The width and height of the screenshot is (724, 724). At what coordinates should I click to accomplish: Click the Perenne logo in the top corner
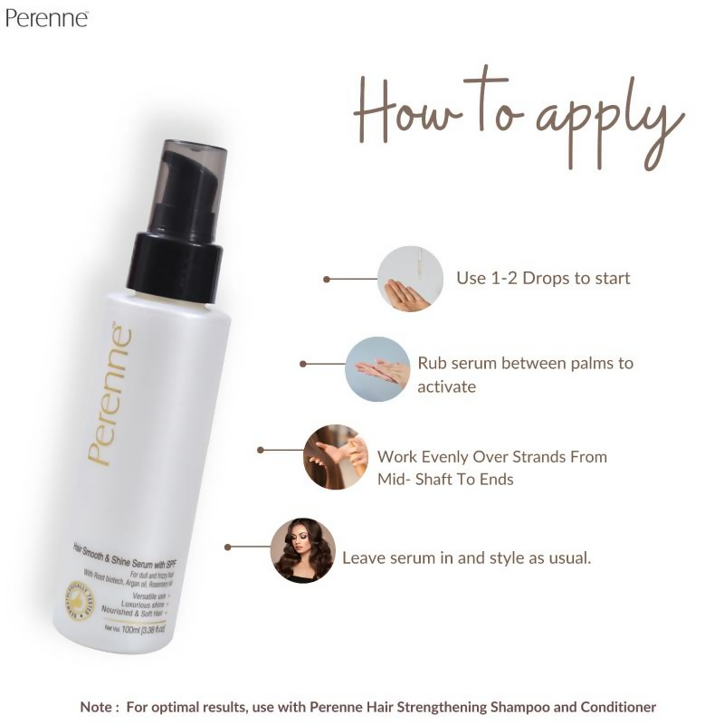click(x=46, y=17)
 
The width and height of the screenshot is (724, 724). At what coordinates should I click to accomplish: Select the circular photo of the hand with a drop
click(x=410, y=279)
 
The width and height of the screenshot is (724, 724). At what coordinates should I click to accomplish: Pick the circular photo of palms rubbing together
click(x=377, y=368)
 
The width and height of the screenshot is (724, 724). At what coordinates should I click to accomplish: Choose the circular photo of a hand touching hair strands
click(x=336, y=457)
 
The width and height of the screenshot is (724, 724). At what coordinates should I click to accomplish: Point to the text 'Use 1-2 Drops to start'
click(x=543, y=278)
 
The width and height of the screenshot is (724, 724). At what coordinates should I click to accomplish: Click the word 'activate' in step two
click(x=447, y=386)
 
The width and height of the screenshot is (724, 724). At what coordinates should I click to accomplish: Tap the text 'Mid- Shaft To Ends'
click(x=445, y=480)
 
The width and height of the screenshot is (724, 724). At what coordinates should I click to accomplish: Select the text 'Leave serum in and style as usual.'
click(x=466, y=557)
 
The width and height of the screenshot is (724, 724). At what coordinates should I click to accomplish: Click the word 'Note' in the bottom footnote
click(x=97, y=707)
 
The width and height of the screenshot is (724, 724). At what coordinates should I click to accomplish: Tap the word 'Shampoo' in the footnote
click(x=517, y=707)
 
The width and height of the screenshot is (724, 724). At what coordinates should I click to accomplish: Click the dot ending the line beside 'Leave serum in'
click(x=228, y=547)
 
